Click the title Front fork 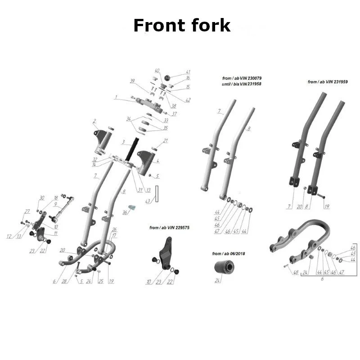pos(182,26)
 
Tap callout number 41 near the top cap pos(188,72)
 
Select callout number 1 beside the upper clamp pos(116,97)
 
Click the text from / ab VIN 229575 pos(169,228)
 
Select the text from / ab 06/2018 pos(228,254)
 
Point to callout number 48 pos(296,273)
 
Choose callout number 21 pos(165,141)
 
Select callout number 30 pos(42,198)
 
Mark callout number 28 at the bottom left pos(64,281)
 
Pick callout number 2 pos(94,121)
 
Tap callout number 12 pos(9,236)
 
